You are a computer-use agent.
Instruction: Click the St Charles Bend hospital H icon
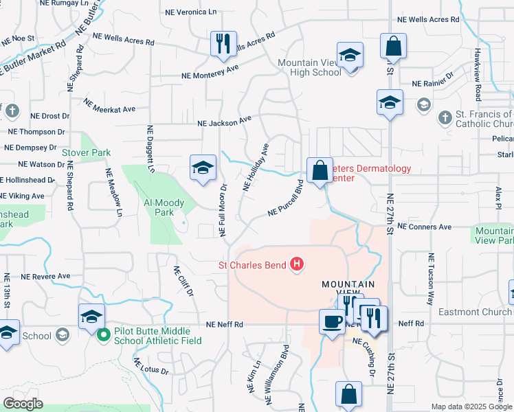pos(297,264)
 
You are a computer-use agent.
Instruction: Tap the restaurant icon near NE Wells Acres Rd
pos(223,44)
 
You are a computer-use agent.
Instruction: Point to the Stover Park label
pos(86,152)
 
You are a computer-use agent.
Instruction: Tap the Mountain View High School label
pos(309,67)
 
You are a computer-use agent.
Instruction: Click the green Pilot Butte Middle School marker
pos(104,336)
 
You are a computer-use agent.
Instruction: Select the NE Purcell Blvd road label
pos(286,198)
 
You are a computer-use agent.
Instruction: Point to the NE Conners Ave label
pos(424,226)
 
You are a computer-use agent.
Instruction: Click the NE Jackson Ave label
pos(224,122)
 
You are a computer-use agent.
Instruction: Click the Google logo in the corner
pos(23,403)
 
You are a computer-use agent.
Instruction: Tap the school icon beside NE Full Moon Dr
pos(203,168)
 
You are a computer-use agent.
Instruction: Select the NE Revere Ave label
pos(45,276)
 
